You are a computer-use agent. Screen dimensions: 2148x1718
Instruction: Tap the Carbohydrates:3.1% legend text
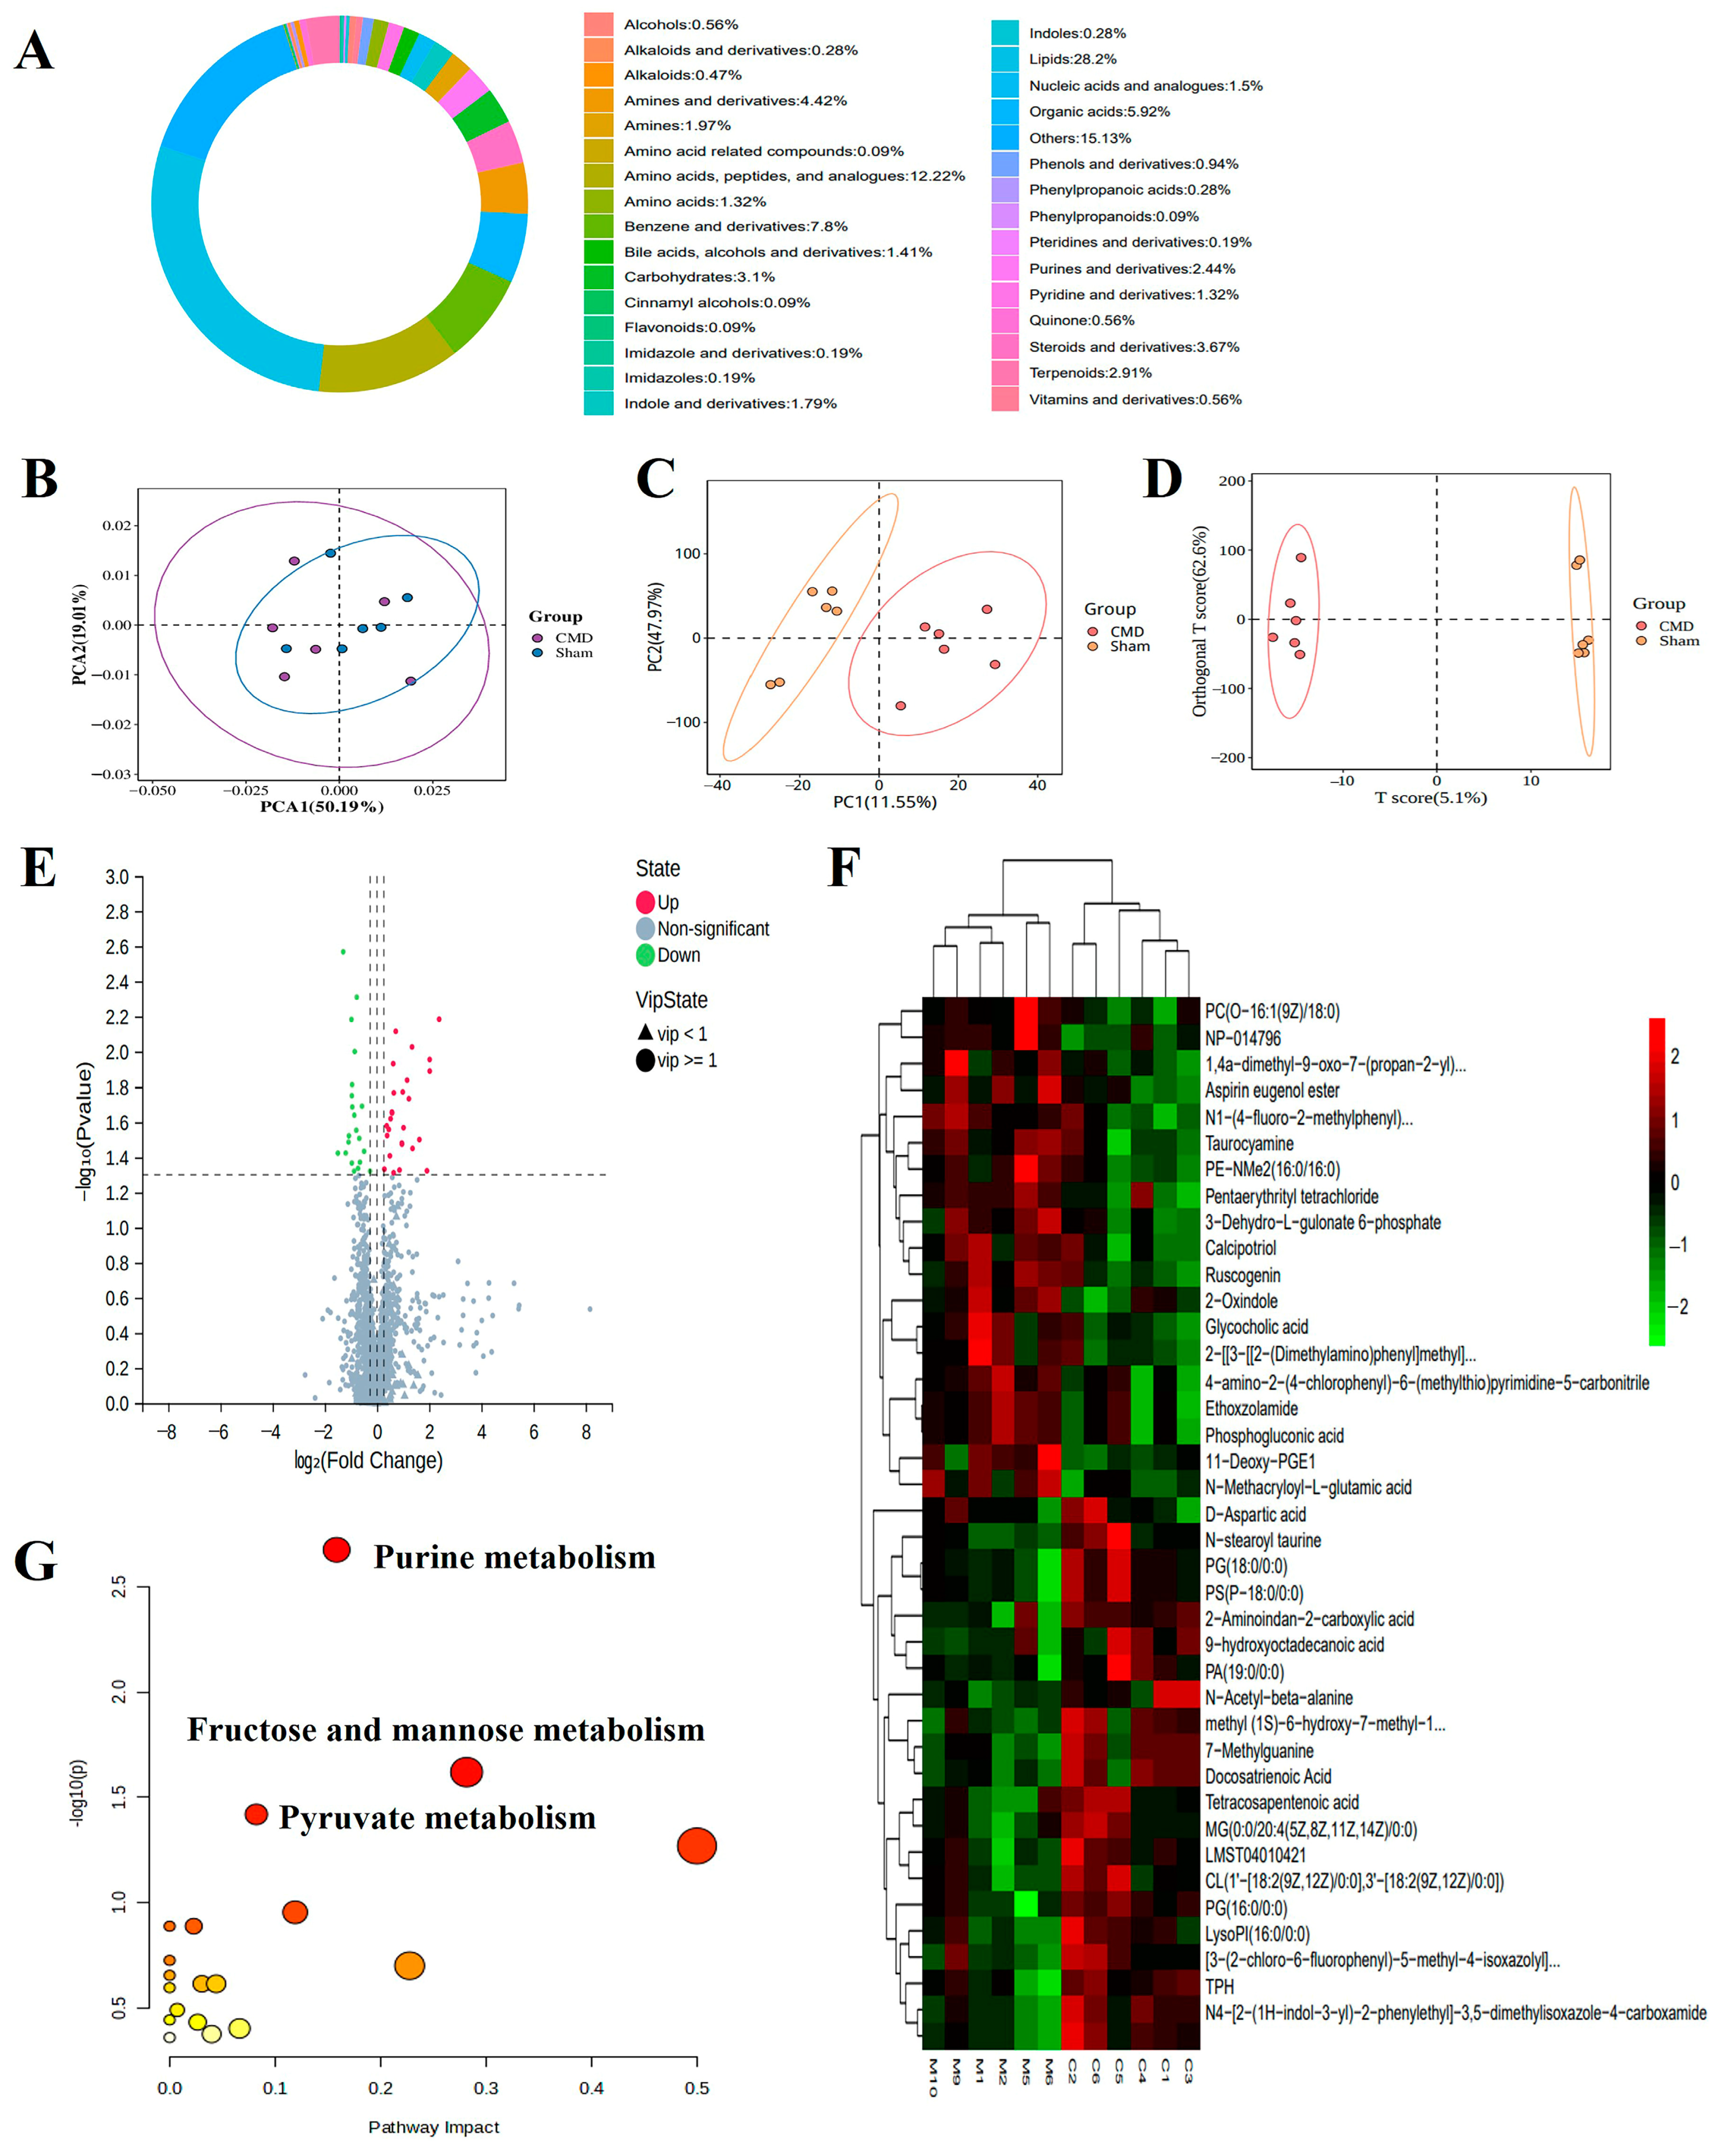(699, 277)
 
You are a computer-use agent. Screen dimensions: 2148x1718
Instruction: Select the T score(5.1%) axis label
(1430, 798)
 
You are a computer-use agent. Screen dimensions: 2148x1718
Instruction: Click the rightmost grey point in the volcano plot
(590, 1309)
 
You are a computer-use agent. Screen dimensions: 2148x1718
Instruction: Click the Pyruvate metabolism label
(437, 1818)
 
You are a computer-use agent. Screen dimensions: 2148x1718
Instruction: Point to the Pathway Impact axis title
(433, 2127)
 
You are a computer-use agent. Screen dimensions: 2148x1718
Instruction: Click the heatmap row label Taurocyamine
(1249, 1144)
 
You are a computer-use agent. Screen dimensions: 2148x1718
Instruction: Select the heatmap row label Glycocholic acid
(1256, 1327)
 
